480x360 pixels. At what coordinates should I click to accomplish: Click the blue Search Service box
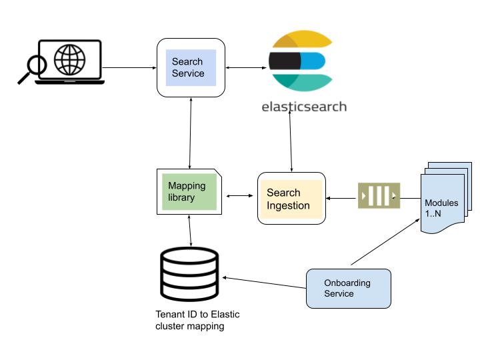191,67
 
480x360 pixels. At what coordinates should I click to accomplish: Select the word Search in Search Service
187,61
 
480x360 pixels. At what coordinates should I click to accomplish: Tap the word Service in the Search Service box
188,73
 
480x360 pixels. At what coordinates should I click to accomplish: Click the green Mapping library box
189,192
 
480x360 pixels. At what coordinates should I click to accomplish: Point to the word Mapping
187,186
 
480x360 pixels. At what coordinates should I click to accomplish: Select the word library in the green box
181,198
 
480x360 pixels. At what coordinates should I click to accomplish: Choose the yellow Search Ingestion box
291,199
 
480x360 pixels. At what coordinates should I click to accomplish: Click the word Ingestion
288,206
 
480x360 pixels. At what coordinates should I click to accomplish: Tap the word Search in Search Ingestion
283,193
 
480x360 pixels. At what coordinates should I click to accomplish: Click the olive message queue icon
379,196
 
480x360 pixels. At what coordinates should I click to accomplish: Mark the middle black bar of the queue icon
379,196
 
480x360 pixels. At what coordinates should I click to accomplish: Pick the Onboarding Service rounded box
348,288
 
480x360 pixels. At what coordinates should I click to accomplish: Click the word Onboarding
347,283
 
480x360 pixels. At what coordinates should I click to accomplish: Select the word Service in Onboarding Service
339,294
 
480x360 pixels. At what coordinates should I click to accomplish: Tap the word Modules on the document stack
441,203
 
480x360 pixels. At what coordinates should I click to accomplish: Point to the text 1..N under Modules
433,213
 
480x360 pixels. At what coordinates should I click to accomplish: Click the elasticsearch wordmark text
304,105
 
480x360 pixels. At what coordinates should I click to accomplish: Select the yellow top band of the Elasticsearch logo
303,39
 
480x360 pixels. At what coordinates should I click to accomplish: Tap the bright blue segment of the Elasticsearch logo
313,61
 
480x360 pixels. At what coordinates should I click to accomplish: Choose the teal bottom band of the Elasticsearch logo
303,83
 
